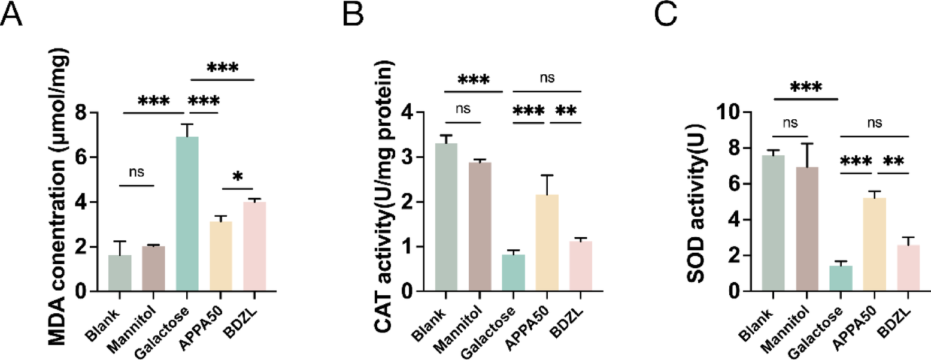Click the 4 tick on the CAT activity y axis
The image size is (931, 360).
point(414,112)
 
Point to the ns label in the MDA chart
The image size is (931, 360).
point(137,172)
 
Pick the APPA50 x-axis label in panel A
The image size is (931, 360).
point(211,320)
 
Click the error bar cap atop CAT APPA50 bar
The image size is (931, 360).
point(545,175)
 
